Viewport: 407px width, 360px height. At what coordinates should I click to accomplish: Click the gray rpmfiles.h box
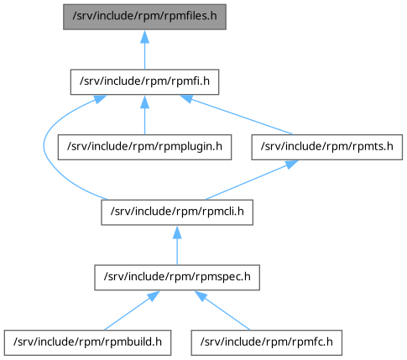point(144,17)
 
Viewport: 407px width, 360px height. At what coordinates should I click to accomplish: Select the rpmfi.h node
point(144,82)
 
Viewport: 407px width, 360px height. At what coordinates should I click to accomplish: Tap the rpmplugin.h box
point(144,147)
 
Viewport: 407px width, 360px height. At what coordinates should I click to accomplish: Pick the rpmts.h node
point(327,147)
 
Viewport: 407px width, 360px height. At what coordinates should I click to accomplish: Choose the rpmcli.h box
point(177,212)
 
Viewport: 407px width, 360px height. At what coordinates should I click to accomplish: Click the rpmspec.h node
point(177,278)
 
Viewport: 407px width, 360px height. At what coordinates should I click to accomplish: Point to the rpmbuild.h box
point(87,342)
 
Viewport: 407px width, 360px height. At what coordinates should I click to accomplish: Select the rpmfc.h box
point(267,342)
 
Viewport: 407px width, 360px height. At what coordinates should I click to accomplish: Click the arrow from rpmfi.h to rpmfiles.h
point(144,50)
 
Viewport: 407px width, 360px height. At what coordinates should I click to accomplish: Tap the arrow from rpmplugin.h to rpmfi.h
point(144,115)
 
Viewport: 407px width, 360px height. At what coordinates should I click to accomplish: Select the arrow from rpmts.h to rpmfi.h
point(237,115)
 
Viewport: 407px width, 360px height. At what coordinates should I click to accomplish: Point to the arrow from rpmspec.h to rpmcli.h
point(177,245)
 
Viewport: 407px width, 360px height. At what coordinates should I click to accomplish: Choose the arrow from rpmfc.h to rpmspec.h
point(222,310)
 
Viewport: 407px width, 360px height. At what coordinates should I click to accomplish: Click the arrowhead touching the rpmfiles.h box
point(144,36)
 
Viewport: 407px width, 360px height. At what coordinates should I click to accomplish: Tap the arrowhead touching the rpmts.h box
point(291,164)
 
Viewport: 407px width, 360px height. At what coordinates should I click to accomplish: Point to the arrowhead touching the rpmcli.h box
point(177,232)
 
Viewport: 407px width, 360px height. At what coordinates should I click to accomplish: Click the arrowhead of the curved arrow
point(100,99)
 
